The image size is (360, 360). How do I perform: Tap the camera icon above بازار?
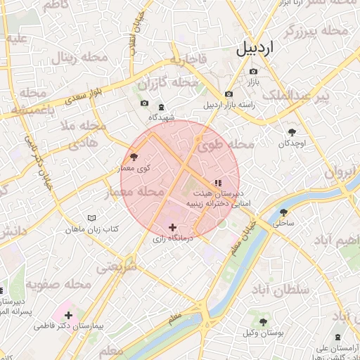click(253, 71)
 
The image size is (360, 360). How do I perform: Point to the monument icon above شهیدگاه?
click(162, 107)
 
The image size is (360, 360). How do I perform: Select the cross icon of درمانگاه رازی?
click(173, 227)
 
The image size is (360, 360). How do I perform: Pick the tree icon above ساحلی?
click(283, 212)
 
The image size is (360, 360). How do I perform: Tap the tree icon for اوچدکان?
click(292, 131)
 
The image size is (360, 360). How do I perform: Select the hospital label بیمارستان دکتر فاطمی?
click(68, 326)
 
